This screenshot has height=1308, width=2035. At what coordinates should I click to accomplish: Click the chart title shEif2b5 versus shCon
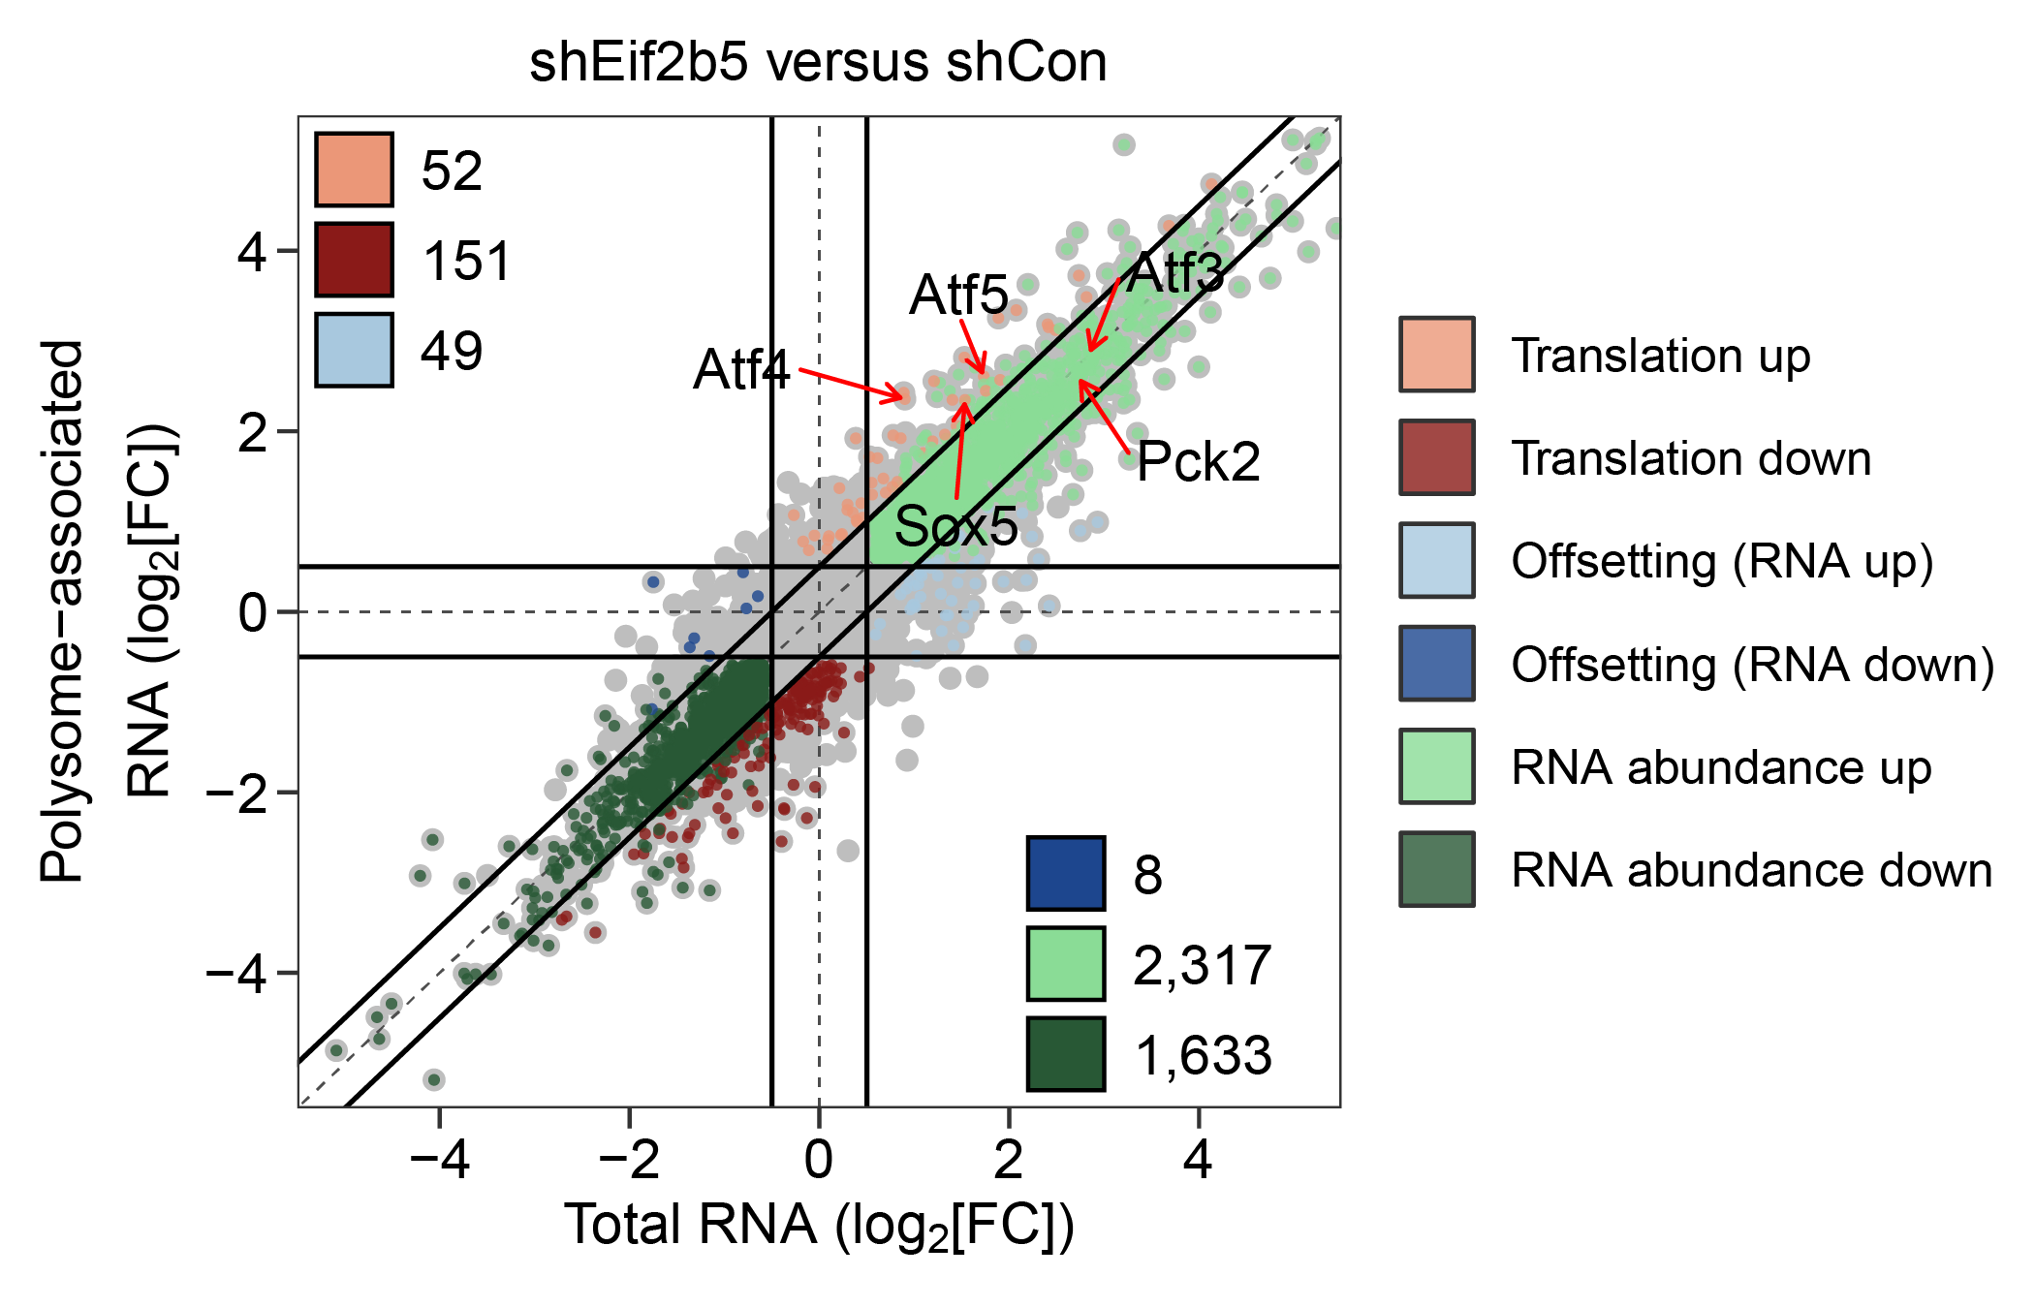click(818, 63)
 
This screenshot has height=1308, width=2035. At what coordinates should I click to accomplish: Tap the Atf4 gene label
click(741, 370)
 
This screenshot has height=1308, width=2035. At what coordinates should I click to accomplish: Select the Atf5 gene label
click(958, 295)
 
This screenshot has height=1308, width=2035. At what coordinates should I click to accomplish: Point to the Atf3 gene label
click(1175, 272)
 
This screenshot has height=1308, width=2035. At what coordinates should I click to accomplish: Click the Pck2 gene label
click(1198, 461)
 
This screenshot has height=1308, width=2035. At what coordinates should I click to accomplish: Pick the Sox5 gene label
click(955, 526)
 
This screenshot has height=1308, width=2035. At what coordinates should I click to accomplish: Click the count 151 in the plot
click(466, 262)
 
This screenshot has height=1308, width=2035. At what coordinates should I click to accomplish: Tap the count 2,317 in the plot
click(1202, 965)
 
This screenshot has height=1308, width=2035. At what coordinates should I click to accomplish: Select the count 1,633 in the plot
click(1202, 1055)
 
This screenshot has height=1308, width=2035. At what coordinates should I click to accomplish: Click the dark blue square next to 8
click(1066, 874)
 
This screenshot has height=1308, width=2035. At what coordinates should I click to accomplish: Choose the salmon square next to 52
click(355, 171)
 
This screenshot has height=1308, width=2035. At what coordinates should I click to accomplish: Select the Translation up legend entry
click(1660, 356)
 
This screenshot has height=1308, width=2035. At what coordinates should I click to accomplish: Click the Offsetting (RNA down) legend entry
click(1752, 665)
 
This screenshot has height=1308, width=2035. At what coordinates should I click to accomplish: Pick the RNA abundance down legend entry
click(1750, 870)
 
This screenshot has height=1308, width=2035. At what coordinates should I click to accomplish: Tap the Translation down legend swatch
click(1437, 457)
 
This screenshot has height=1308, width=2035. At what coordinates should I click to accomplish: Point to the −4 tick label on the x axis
click(440, 1159)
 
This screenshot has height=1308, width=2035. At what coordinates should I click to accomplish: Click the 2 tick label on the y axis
click(253, 432)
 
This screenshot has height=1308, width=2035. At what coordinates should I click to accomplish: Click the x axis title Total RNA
click(819, 1226)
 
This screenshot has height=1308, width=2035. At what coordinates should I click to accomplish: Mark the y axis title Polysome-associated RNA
click(107, 610)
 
